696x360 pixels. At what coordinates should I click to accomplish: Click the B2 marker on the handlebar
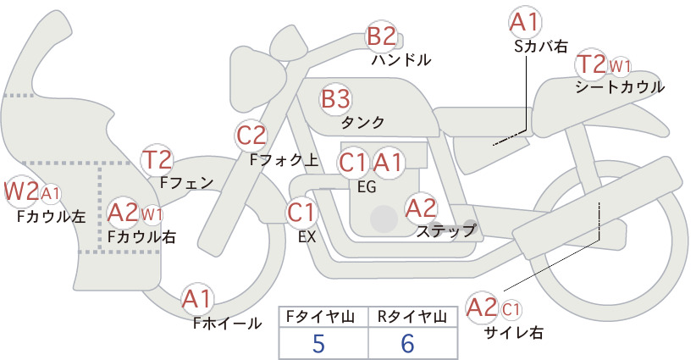point(381,36)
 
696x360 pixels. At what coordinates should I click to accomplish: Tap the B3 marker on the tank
point(335,98)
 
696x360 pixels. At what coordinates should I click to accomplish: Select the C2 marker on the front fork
point(251,136)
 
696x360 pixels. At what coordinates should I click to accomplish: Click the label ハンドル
point(401,60)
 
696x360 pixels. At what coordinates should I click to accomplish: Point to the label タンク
point(362,123)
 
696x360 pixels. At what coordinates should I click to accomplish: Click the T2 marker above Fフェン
point(157,160)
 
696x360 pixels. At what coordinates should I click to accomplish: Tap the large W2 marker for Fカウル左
point(21,191)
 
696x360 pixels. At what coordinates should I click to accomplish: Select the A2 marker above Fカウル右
point(124,213)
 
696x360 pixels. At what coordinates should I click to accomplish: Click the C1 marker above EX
point(301,213)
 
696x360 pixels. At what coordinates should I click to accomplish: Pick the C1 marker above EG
point(353,163)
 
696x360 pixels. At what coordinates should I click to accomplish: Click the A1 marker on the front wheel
point(197,300)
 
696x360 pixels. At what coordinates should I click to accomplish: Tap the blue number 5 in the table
point(318,343)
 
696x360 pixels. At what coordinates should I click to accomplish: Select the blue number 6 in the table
point(407,343)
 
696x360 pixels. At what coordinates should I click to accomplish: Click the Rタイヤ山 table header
point(412,317)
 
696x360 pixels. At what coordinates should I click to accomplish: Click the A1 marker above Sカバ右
point(526,23)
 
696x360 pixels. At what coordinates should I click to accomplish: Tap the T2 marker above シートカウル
point(592,65)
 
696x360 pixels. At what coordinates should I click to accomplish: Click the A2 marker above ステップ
point(421,208)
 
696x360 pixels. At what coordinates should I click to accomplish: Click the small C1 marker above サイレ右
point(511,309)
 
